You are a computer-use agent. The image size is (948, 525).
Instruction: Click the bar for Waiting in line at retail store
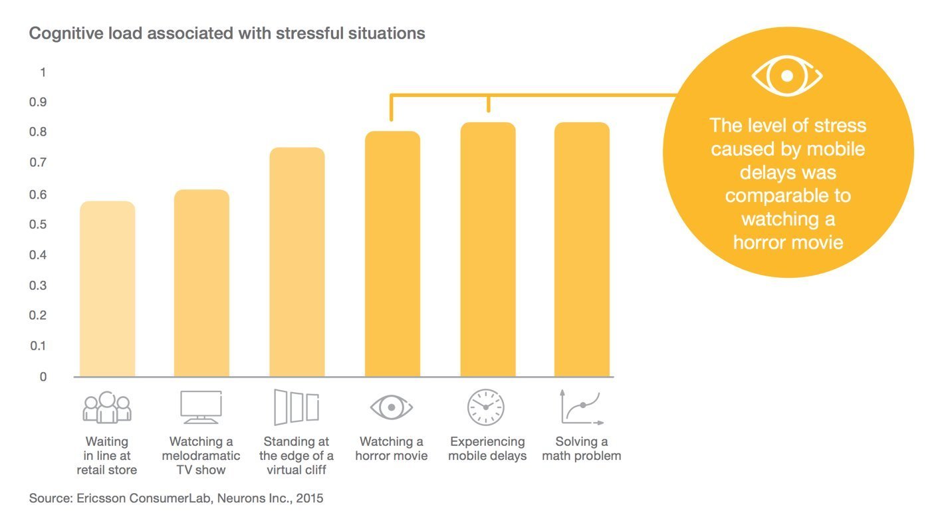(107, 289)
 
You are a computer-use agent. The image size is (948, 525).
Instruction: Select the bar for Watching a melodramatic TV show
(201, 284)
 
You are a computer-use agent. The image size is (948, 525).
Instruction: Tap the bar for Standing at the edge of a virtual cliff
(296, 262)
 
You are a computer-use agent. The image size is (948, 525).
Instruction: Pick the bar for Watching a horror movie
(392, 255)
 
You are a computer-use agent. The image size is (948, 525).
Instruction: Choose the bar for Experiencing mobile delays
(488, 250)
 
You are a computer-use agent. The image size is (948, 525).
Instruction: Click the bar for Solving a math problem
(582, 250)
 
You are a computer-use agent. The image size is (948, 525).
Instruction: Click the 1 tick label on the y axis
(43, 72)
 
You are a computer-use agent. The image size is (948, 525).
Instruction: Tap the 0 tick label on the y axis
(43, 377)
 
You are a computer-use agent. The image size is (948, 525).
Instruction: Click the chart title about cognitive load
(227, 33)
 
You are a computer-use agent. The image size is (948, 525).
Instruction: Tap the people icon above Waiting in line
(107, 407)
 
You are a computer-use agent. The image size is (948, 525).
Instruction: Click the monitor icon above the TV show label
(201, 407)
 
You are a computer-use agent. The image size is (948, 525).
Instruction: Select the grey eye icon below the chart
(392, 407)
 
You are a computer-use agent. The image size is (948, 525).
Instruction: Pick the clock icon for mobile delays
(486, 407)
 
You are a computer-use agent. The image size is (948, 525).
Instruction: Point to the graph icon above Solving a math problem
(581, 407)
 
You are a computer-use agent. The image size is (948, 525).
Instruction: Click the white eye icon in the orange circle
(787, 76)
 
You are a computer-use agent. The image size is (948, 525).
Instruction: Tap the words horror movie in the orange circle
(788, 242)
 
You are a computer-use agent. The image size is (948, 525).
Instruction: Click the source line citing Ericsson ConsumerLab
(176, 497)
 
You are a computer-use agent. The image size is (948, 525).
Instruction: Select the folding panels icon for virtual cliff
(296, 407)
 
